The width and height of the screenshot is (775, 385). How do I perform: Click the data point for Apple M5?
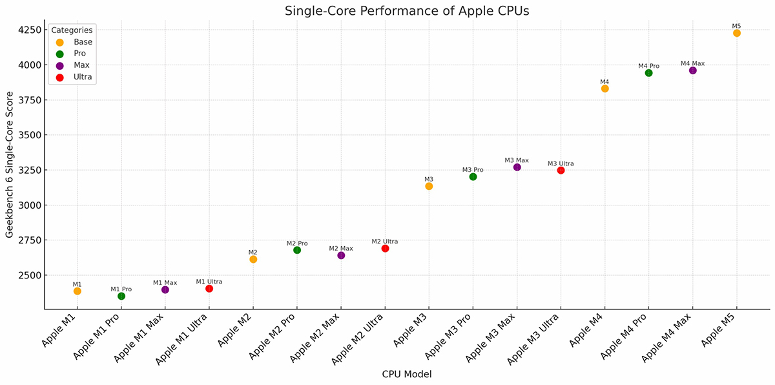(736, 33)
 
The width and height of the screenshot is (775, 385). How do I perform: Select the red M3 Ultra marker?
(561, 171)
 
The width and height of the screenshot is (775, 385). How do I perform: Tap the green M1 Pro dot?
(121, 296)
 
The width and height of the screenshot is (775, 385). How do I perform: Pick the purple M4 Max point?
(692, 70)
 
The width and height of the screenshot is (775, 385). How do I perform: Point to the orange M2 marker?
(253, 259)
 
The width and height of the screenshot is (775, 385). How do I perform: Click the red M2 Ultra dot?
(385, 248)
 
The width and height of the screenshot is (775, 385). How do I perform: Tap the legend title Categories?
(72, 30)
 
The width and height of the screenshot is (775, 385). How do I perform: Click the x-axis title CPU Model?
(406, 374)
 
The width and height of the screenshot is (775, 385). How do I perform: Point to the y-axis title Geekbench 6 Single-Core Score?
(10, 165)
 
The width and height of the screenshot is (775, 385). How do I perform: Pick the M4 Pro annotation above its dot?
(648, 66)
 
